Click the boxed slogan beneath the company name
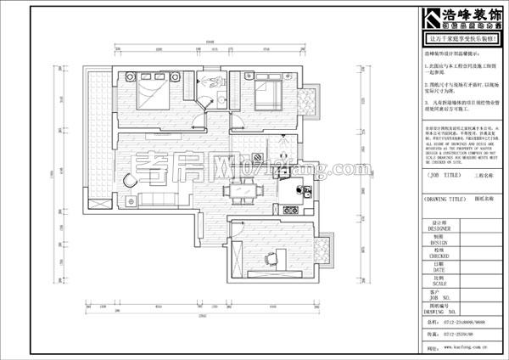pyautogui.click(x=463, y=39)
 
